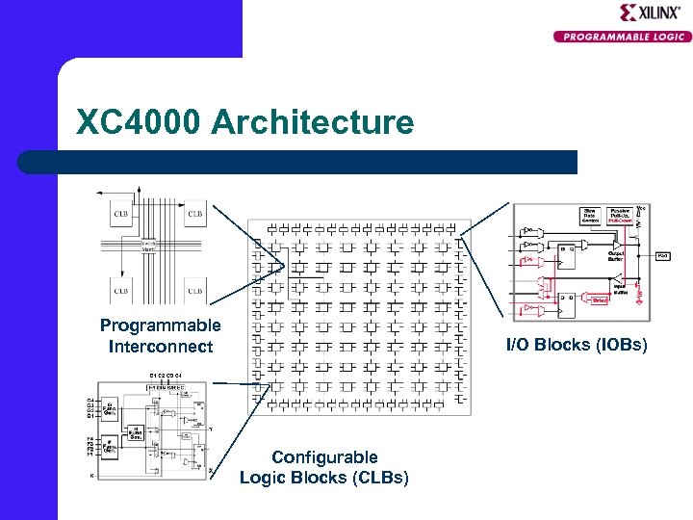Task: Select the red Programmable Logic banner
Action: (x=621, y=37)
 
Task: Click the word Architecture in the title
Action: (x=312, y=123)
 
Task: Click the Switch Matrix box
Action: (x=149, y=247)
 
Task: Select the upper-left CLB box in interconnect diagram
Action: (x=121, y=214)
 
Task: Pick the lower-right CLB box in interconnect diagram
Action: (x=193, y=289)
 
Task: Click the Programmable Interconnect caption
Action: (x=160, y=335)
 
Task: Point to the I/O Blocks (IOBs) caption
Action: (x=590, y=345)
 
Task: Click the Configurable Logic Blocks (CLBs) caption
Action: (x=323, y=467)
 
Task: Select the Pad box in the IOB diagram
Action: (x=664, y=255)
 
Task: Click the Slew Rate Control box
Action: (x=589, y=215)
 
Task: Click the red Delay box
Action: (x=599, y=299)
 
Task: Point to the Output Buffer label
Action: (x=615, y=256)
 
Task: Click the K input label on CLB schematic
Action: (x=91, y=476)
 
